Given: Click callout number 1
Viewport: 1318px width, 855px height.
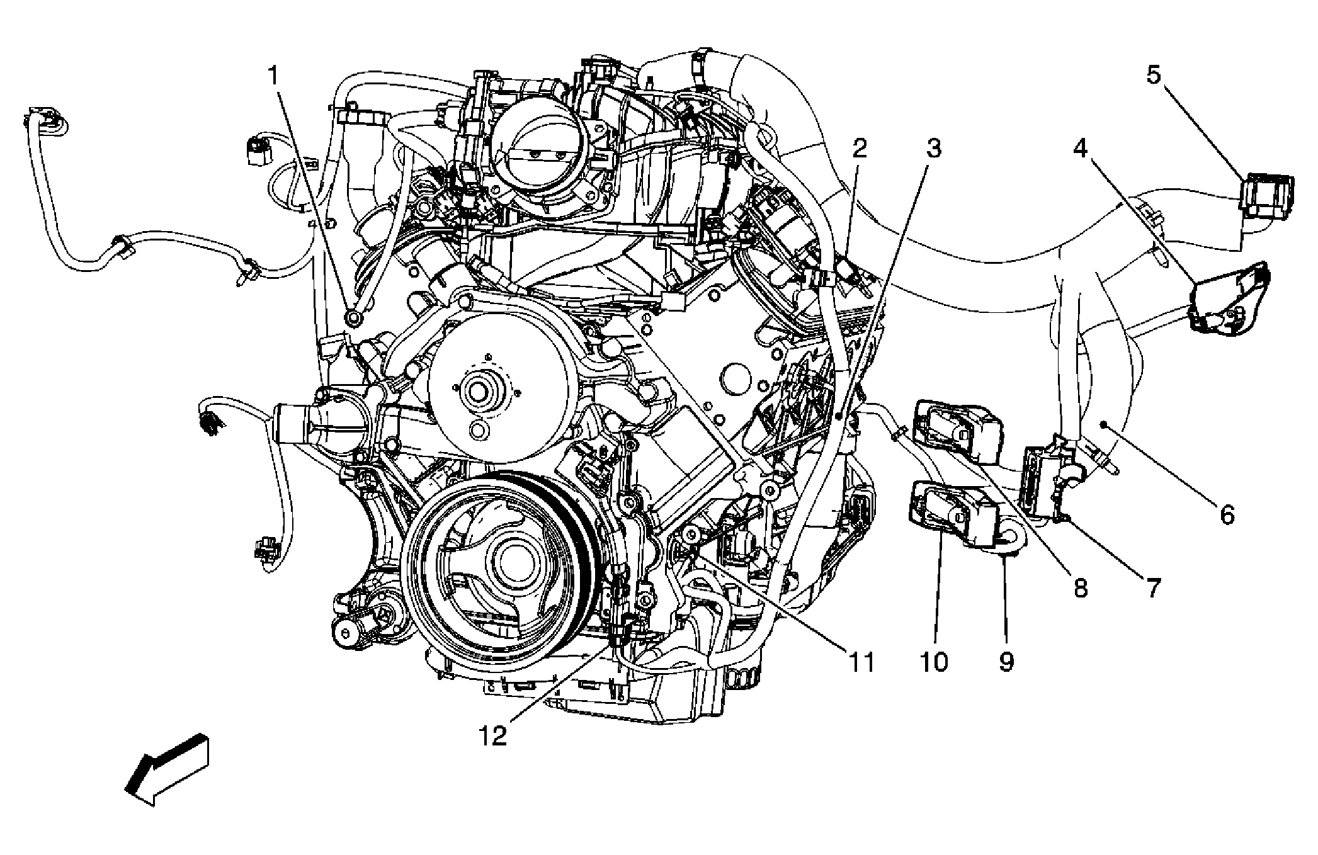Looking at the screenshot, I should (x=273, y=77).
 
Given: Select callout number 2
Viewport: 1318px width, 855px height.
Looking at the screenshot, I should (x=860, y=149).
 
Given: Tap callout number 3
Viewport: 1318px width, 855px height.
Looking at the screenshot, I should (x=933, y=149).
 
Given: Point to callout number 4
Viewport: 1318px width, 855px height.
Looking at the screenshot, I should (x=1081, y=149).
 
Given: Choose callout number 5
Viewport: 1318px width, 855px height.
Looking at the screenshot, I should (x=1152, y=76).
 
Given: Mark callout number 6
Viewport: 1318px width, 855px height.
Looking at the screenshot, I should (x=1227, y=514).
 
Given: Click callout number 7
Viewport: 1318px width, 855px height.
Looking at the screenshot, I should (x=1152, y=589).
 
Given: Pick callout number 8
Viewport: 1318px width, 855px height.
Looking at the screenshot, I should (x=1080, y=589).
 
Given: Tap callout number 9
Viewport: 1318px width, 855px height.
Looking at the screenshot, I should (x=1006, y=662).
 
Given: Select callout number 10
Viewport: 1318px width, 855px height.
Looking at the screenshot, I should (x=934, y=662).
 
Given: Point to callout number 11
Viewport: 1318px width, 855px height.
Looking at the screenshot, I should (x=861, y=662).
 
